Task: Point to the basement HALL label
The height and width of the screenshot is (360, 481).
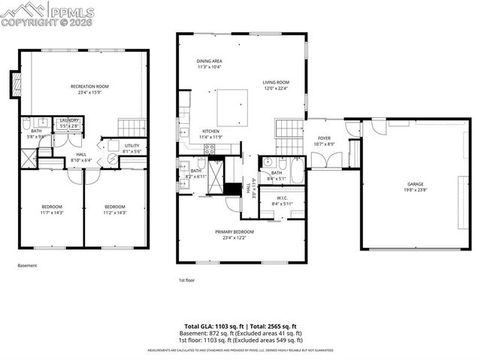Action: pos(80,156)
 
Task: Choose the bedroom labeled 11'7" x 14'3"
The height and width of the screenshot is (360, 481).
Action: pos(52,210)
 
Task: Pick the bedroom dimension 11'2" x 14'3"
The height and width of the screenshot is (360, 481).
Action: pos(115,213)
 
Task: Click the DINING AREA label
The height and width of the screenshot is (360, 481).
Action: pos(210,63)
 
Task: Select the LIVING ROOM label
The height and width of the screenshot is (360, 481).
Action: pos(276,84)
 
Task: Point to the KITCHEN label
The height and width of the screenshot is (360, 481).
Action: pos(210,133)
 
